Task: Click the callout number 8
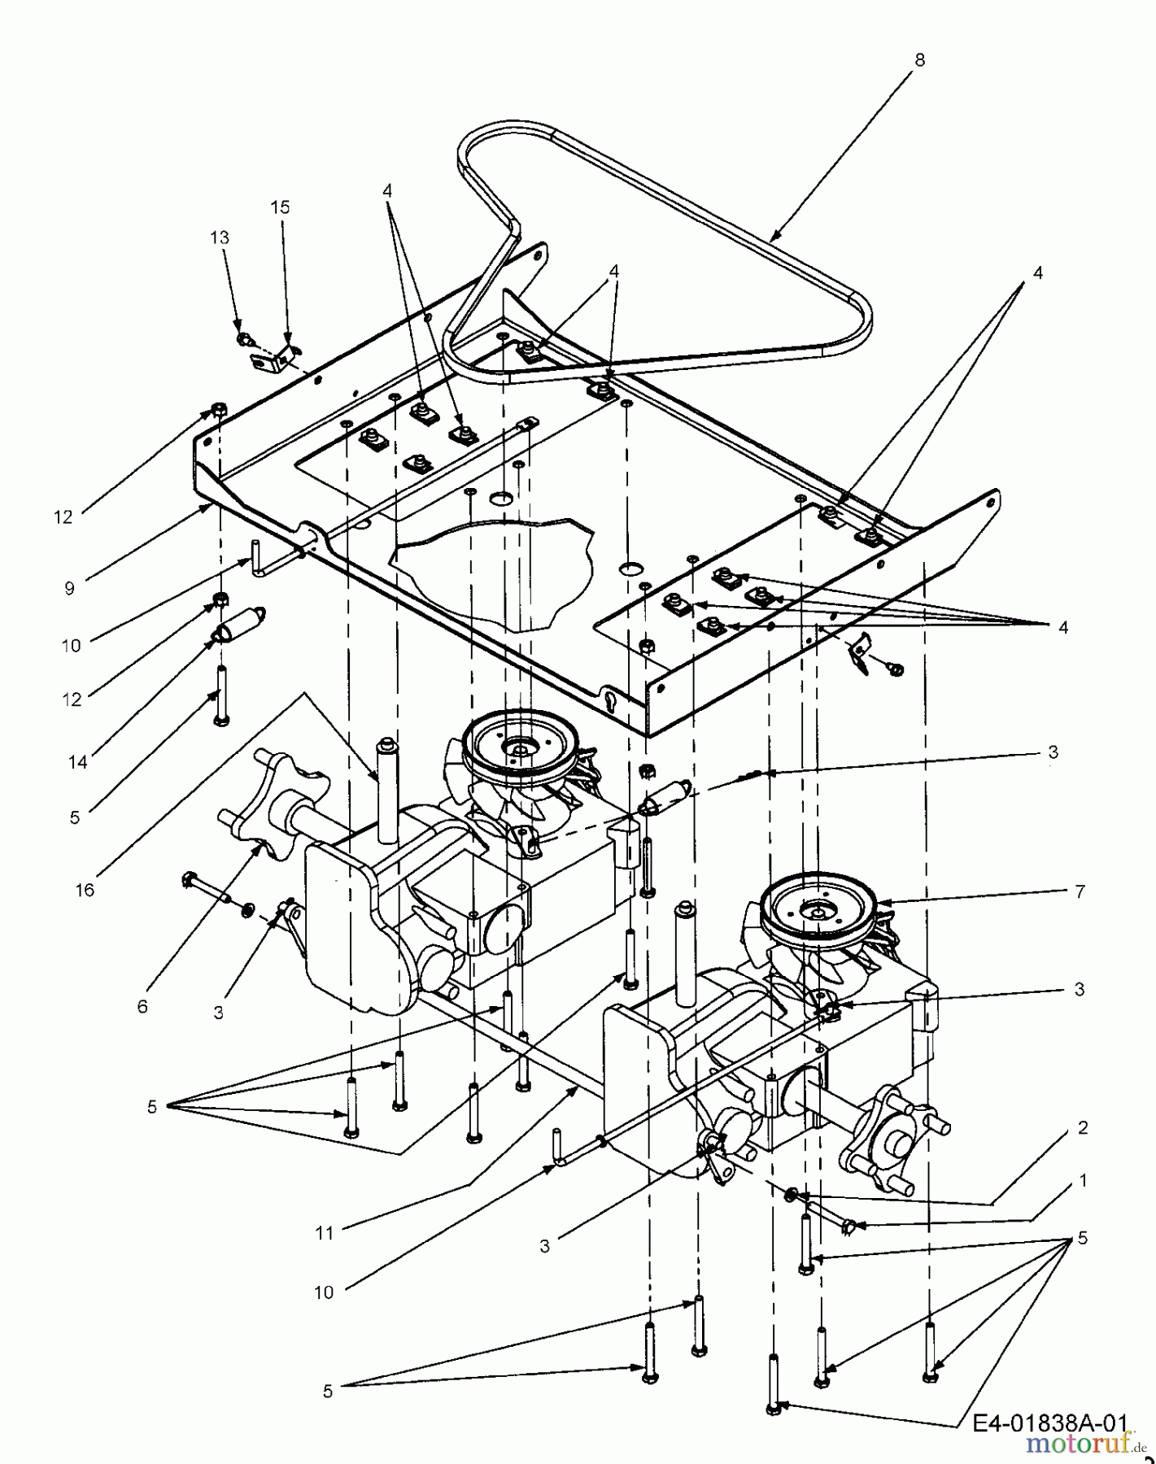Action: [x=919, y=59]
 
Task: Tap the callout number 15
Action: [x=279, y=207]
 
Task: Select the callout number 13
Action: [x=220, y=237]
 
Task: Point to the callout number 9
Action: [x=70, y=588]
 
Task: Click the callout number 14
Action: [x=78, y=762]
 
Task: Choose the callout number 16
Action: [x=85, y=890]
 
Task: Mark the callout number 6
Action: [x=142, y=1007]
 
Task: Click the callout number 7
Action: [x=1080, y=892]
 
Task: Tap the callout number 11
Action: [x=325, y=1233]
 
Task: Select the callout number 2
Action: [x=1083, y=1128]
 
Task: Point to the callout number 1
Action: [x=1083, y=1180]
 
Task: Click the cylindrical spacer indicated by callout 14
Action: [x=241, y=625]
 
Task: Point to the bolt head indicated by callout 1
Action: [x=848, y=1227]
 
